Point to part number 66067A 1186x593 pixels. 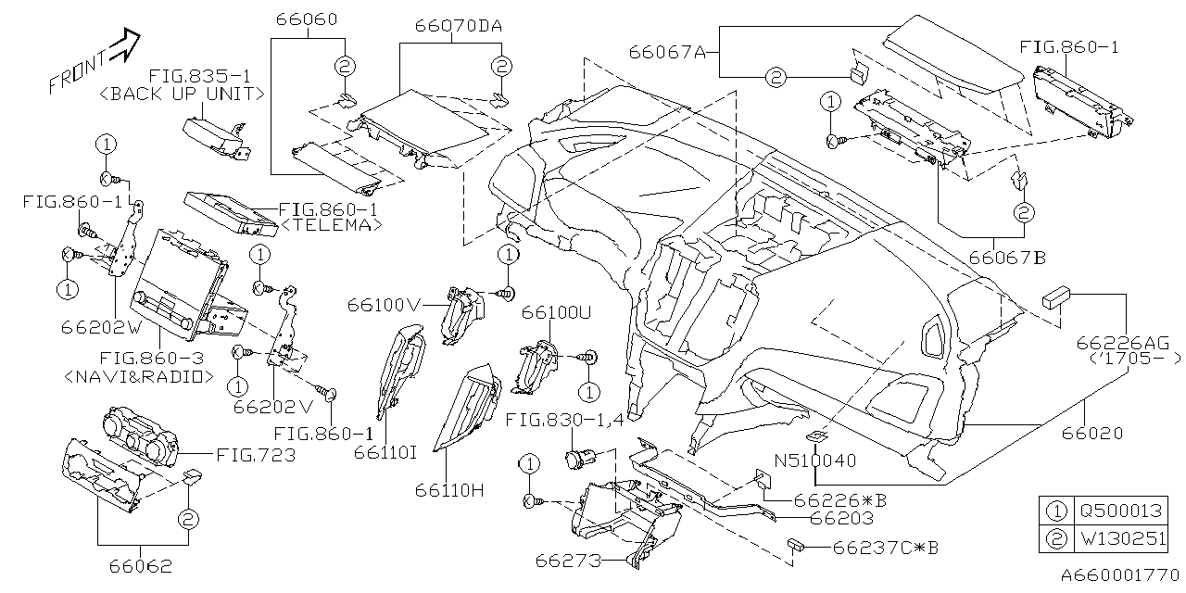pos(667,52)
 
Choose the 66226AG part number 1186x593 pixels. pos(1117,344)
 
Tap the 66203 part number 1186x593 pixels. pos(842,519)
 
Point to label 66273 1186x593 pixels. pos(567,561)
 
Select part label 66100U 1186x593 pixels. pos(555,311)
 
